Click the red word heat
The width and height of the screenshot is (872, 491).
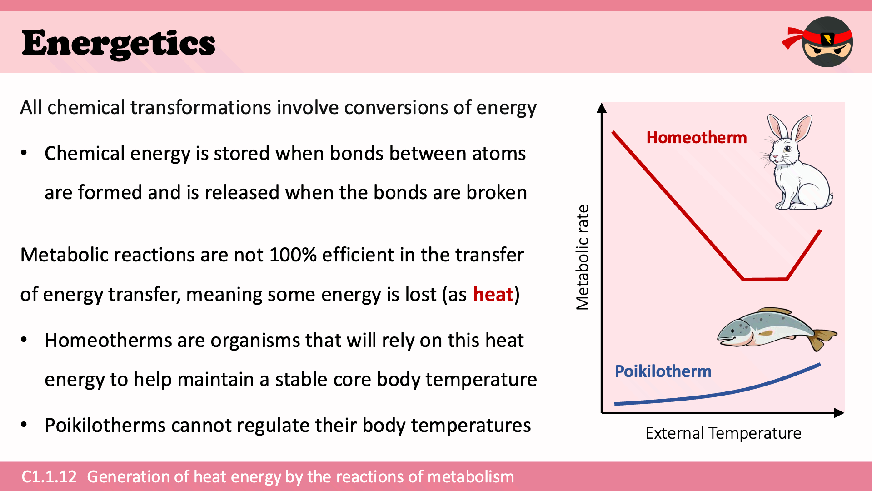(493, 294)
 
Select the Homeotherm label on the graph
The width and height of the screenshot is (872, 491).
(697, 137)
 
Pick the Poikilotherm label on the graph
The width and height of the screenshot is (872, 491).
(663, 371)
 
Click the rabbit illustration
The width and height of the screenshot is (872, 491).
(797, 162)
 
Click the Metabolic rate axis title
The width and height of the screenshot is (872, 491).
(582, 257)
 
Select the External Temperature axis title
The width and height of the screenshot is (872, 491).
(723, 433)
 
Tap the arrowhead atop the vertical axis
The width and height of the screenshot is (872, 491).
(602, 108)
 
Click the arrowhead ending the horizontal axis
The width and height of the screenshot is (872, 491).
(839, 413)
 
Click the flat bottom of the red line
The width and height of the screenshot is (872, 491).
(765, 279)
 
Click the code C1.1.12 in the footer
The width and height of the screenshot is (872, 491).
(49, 476)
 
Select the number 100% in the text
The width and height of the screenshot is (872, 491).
(293, 255)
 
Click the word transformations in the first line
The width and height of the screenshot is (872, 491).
(201, 107)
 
